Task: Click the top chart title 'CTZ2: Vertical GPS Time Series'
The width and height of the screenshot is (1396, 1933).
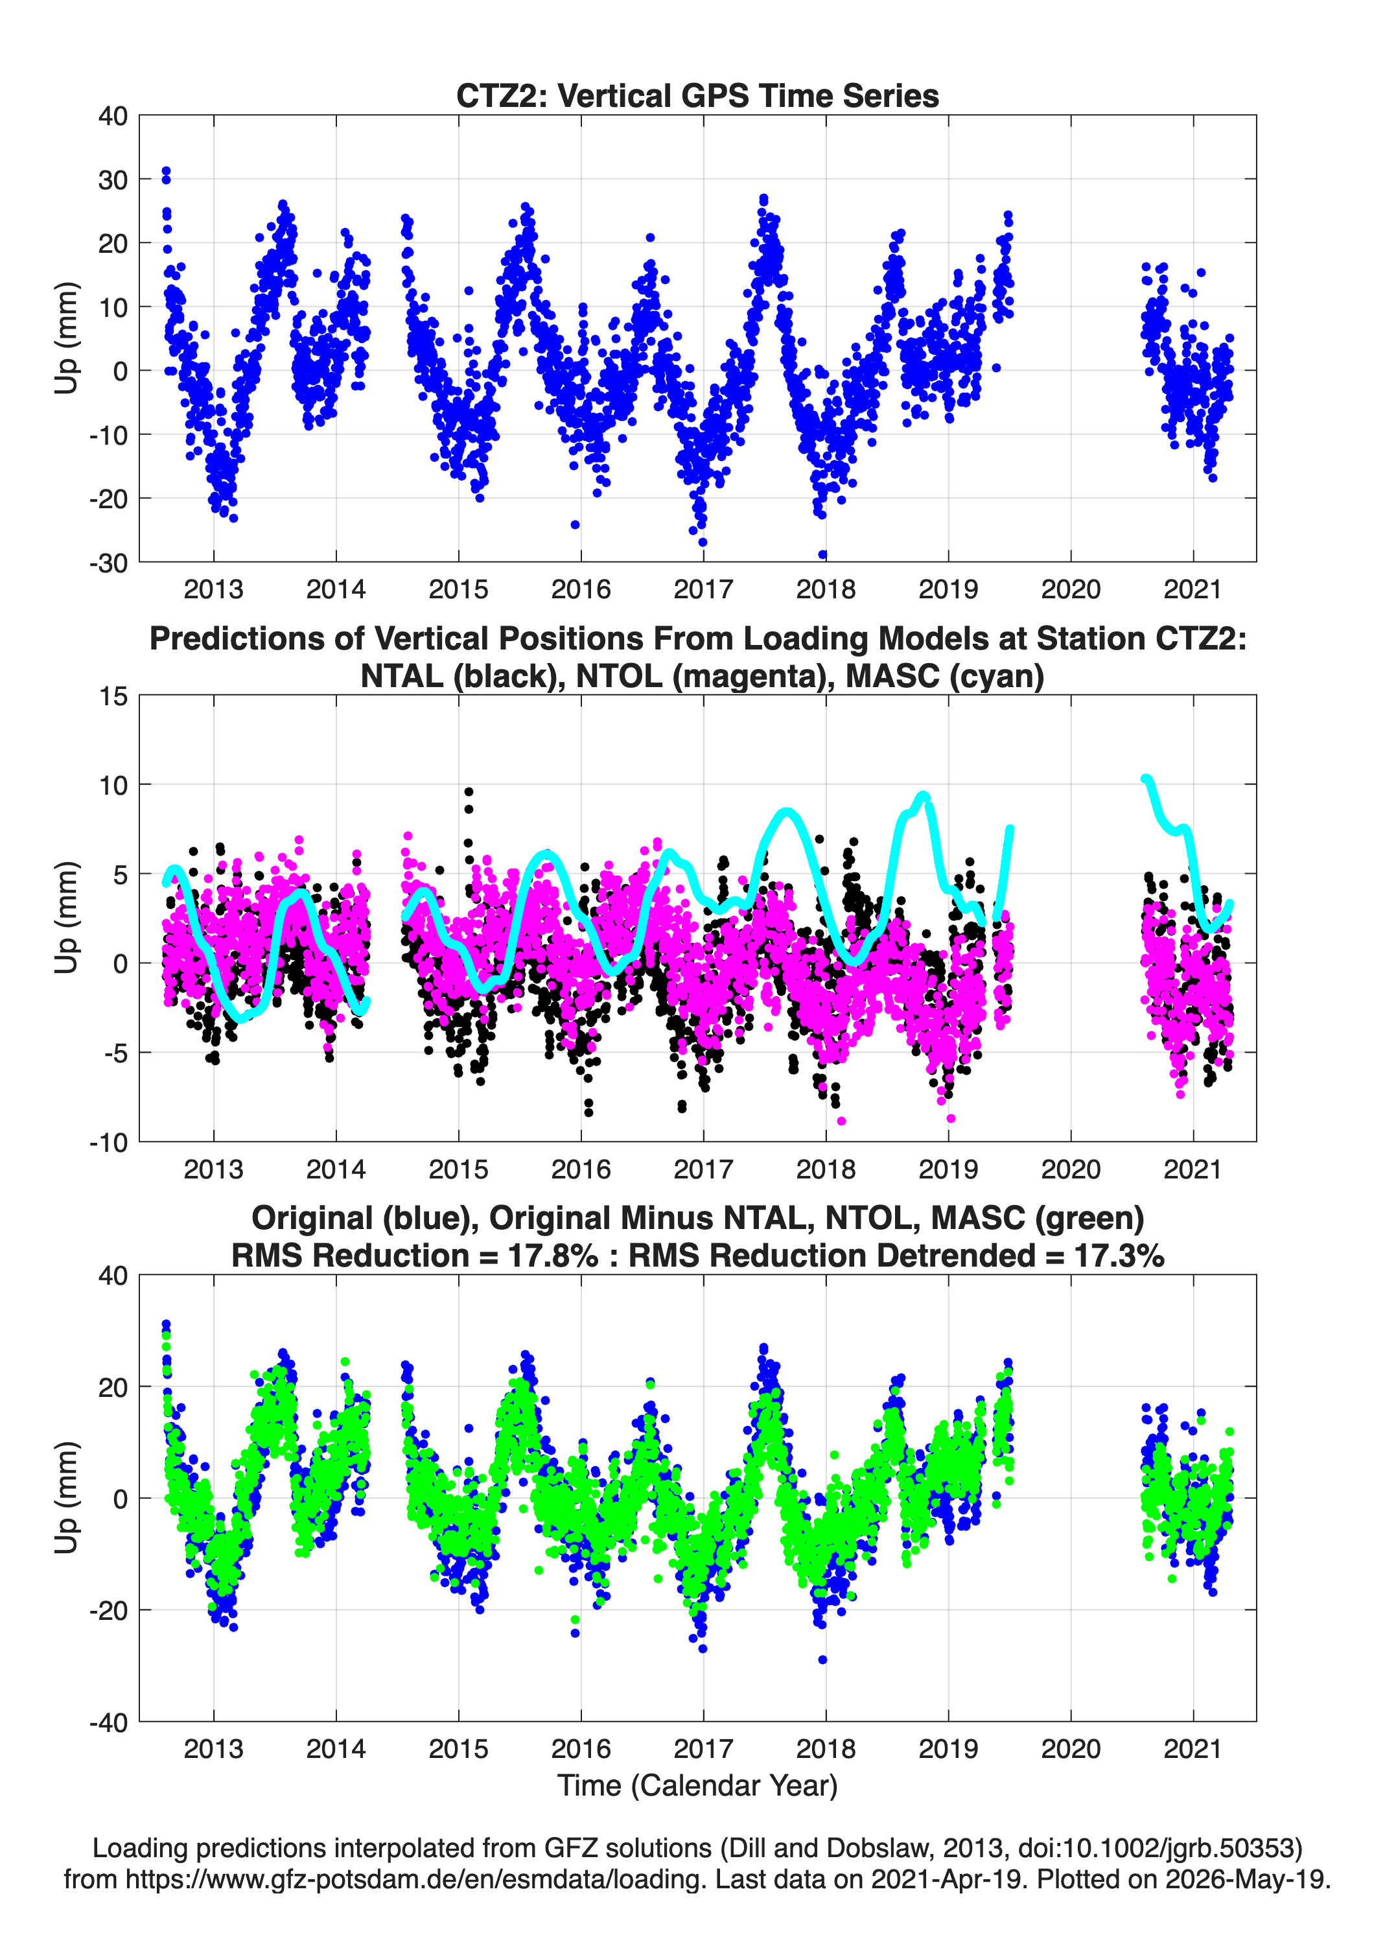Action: pos(697,95)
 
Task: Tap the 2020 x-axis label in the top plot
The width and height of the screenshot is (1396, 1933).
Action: pos(1071,589)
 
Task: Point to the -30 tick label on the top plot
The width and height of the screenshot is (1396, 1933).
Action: pos(108,563)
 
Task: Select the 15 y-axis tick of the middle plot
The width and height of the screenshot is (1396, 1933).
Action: pos(113,696)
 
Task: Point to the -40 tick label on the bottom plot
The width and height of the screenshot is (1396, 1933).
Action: pos(108,1722)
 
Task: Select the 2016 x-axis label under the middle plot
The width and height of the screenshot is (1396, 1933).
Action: pos(581,1169)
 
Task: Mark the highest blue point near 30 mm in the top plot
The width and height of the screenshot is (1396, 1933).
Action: pos(166,171)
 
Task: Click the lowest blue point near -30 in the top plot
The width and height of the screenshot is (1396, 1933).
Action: pos(822,555)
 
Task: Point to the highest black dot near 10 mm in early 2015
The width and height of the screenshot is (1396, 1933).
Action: pos(469,791)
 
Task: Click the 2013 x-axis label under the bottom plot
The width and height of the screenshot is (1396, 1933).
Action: pos(213,1749)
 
